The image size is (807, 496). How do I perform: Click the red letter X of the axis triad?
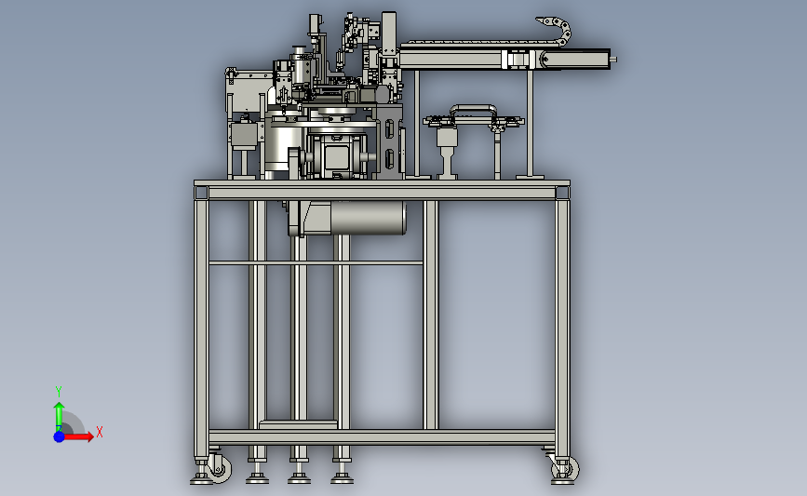tap(100, 432)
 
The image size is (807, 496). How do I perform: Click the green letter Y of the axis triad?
tap(59, 392)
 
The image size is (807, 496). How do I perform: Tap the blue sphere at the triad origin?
tap(60, 436)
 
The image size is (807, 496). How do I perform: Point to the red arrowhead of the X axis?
tap(89, 436)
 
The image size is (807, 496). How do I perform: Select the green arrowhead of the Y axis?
tap(60, 407)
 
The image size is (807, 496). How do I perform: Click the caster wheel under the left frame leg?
tap(221, 469)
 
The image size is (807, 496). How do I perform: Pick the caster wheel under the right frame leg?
tap(566, 469)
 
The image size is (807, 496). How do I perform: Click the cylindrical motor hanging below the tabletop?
tap(368, 218)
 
